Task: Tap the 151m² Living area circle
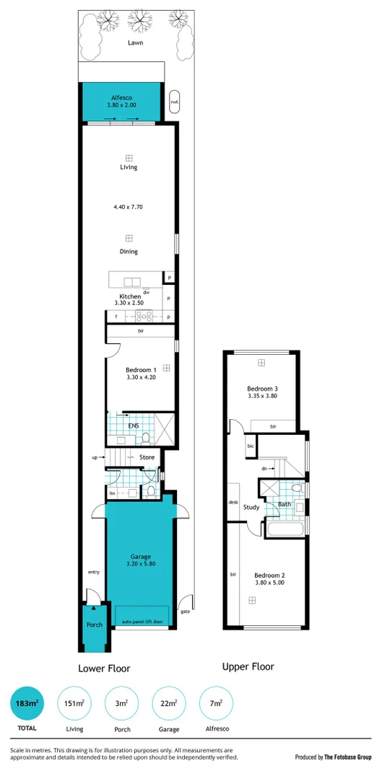point(74,703)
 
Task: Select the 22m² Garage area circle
point(169,703)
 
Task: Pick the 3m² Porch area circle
point(121,703)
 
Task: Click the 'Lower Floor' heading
point(104,668)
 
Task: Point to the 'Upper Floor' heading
point(248,666)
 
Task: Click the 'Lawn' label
point(136,43)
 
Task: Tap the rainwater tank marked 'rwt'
point(174,102)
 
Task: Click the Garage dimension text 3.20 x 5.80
point(140,565)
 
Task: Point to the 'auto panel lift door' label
point(142,621)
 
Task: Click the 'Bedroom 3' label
point(263,389)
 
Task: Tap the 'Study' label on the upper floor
point(251,506)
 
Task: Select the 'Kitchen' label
point(130,296)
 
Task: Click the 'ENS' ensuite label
point(134,426)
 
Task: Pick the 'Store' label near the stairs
point(147,457)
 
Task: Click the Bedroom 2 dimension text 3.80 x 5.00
point(269,583)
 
